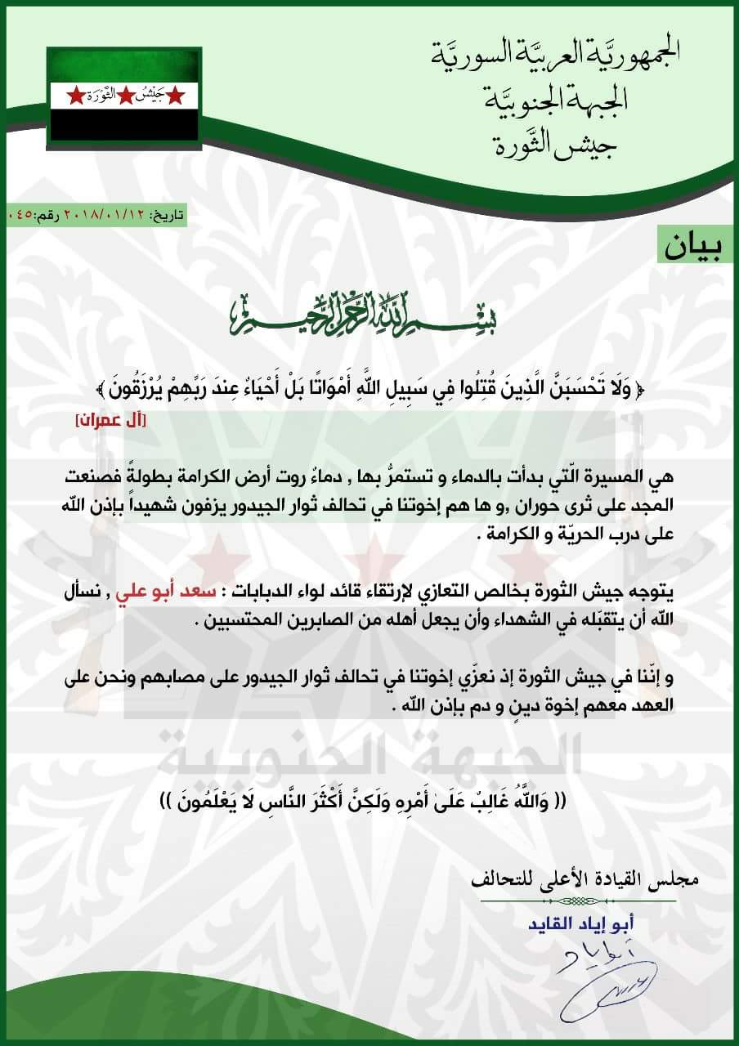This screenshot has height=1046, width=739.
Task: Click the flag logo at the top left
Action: point(123,94)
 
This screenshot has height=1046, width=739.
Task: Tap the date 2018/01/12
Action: point(100,215)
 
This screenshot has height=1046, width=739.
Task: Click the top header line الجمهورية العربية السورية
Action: point(555,55)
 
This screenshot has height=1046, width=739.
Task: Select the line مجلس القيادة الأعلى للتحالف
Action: point(587,881)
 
